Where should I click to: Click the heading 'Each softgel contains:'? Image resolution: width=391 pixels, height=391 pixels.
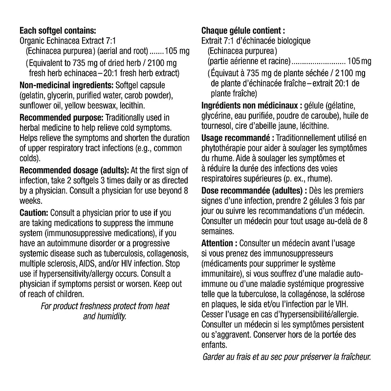pyautogui.click(x=57, y=30)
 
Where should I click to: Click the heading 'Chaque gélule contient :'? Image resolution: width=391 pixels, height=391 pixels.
pyautogui.click(x=243, y=30)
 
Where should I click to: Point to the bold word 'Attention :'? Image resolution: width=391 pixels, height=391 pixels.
pyautogui.click(x=219, y=243)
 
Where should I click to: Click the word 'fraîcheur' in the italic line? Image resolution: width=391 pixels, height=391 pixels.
pyautogui.click(x=351, y=356)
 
